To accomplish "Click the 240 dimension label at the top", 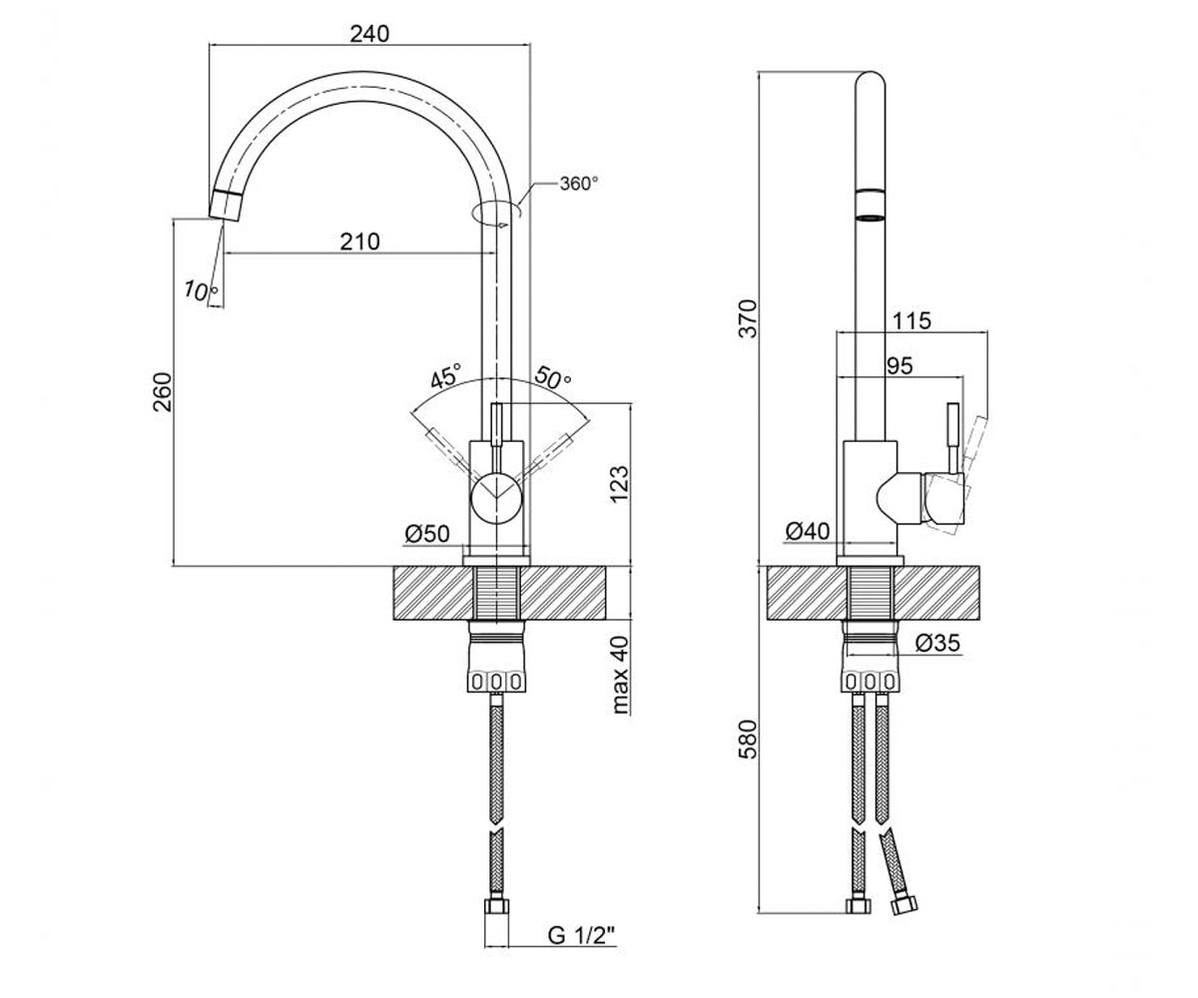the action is click(x=369, y=34).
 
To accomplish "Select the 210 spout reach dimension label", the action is click(x=359, y=242).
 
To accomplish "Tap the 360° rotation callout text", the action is click(x=578, y=184).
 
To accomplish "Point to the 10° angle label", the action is click(x=201, y=290).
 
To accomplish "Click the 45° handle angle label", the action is click(x=446, y=375).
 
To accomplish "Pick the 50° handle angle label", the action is click(x=553, y=377).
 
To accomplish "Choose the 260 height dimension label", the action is click(x=163, y=392).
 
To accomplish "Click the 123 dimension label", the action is click(x=619, y=485).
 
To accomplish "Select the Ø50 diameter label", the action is click(x=427, y=534).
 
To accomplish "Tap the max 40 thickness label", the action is click(x=620, y=675).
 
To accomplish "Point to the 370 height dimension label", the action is click(x=748, y=319).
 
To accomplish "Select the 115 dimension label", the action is click(x=911, y=320).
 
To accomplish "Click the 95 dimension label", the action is click(x=899, y=365).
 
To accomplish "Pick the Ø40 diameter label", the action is click(x=808, y=531).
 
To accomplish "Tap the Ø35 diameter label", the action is click(x=937, y=643).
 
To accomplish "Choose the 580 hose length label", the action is click(x=748, y=740).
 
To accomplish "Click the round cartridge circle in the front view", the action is click(x=496, y=498).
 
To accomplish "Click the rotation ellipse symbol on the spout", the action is click(x=496, y=213).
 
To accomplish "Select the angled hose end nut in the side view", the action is click(x=903, y=905).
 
